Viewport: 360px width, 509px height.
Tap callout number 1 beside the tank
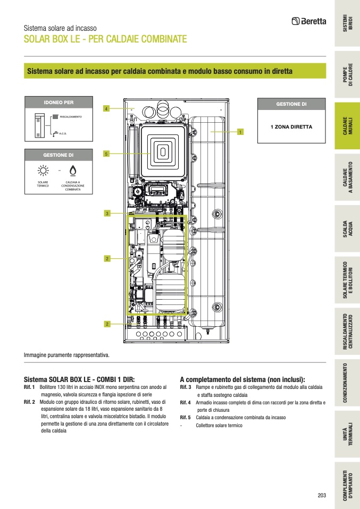click(240, 131)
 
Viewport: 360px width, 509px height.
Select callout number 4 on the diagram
click(106, 108)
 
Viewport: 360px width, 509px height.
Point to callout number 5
click(106, 154)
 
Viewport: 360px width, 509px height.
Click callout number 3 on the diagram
click(107, 214)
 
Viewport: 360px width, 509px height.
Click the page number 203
click(321, 495)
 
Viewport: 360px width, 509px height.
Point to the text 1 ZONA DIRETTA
click(291, 127)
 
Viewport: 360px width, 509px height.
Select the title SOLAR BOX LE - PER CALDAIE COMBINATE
click(105, 40)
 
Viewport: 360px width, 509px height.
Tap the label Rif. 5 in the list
click(186, 418)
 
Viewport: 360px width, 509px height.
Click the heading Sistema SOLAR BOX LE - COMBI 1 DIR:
click(80, 379)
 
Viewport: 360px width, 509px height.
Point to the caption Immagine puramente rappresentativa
click(66, 354)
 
